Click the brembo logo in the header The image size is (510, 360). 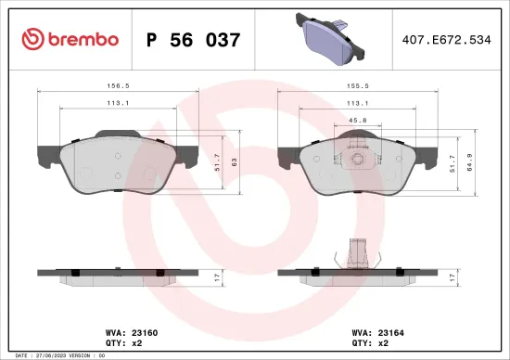[x=70, y=39]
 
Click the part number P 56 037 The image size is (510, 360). [x=194, y=40]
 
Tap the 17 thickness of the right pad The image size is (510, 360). [x=452, y=276]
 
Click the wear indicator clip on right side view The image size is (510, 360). [x=353, y=252]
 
